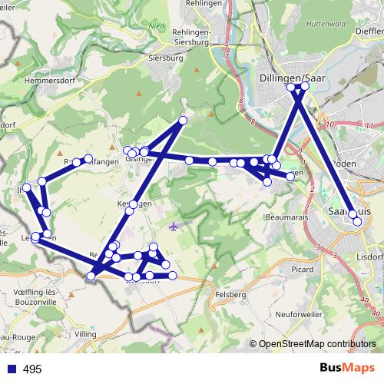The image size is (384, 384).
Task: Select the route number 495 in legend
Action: coord(32,369)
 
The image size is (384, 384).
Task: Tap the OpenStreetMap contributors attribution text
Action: coord(318,345)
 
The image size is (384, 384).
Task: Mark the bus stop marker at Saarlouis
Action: coord(357,222)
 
